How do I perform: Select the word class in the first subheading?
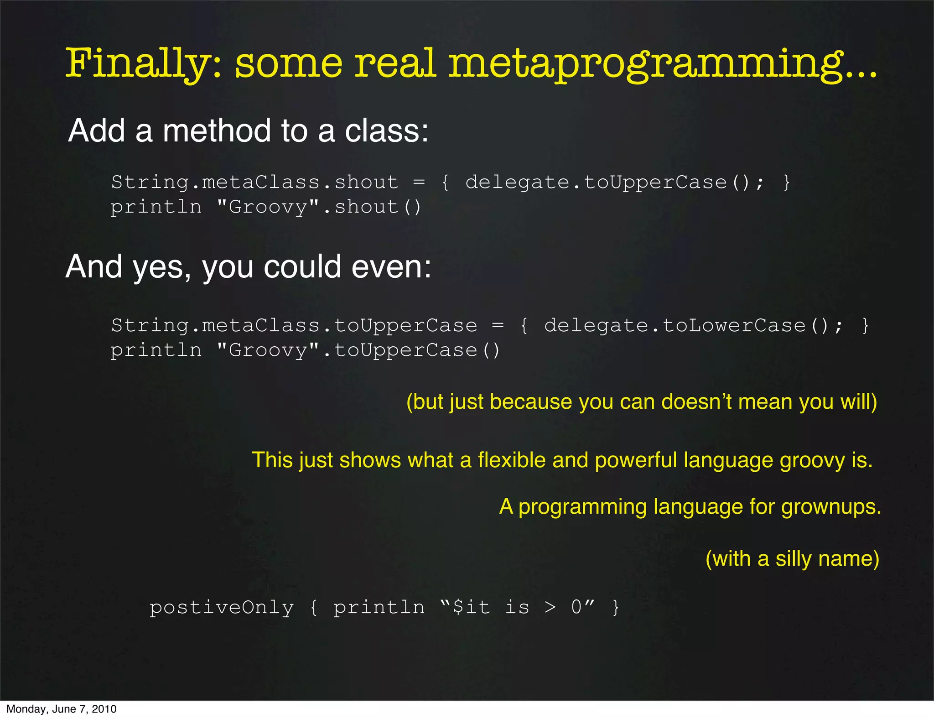[x=387, y=130]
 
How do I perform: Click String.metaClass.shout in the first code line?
[x=254, y=182]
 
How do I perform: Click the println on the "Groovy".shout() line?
[x=156, y=207]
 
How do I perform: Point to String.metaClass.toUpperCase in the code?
[x=294, y=326]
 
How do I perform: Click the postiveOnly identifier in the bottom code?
[x=222, y=608]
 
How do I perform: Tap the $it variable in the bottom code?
[x=472, y=608]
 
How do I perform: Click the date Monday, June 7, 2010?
[x=61, y=709]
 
